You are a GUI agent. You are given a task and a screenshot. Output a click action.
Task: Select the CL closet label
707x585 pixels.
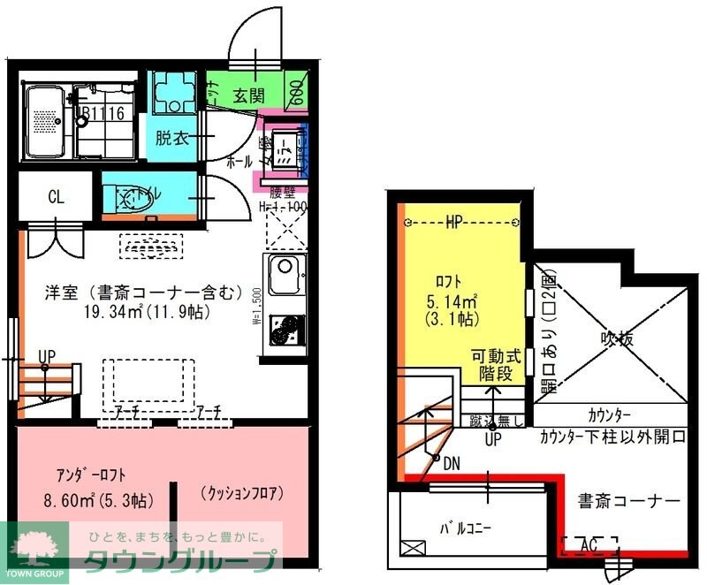tap(56, 198)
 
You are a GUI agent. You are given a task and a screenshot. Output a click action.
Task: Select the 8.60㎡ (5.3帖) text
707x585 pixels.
tap(98, 501)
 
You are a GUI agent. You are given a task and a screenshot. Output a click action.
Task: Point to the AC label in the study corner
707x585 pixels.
tap(588, 545)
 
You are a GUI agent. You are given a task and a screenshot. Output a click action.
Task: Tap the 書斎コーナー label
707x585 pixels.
tap(630, 502)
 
